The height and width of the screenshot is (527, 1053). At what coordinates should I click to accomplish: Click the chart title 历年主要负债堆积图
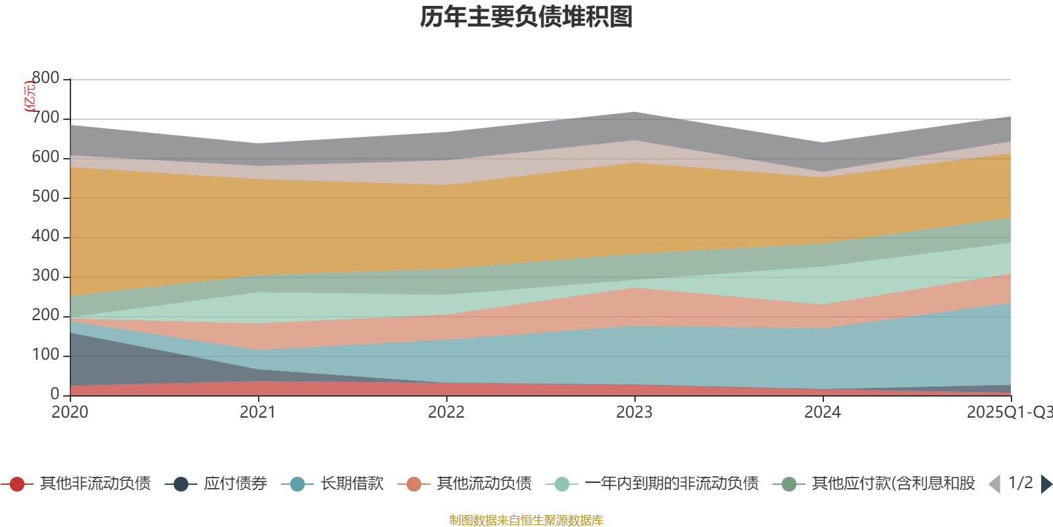coord(526,17)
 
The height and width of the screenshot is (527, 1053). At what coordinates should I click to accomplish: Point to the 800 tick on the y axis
coord(45,78)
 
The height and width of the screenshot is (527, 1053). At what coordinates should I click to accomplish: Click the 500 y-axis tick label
coord(45,197)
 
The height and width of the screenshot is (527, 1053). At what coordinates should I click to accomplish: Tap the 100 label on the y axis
coord(45,355)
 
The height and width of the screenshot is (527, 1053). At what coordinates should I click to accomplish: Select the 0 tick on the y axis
coord(55,394)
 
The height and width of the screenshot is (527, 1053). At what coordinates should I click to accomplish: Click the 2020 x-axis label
coord(70,412)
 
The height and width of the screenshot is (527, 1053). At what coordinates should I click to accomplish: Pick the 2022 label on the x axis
coord(446,412)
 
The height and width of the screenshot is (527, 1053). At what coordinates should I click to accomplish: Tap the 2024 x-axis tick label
coord(823,412)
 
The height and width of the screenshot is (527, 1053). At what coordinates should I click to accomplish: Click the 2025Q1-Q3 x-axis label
coord(1008,412)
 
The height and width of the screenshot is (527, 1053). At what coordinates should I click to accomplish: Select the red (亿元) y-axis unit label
coord(30,96)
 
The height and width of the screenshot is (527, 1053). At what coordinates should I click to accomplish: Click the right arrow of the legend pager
coord(1046,484)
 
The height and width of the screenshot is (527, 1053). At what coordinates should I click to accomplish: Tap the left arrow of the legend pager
coord(994,484)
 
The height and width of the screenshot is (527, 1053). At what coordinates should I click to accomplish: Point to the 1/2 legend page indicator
coord(1020,483)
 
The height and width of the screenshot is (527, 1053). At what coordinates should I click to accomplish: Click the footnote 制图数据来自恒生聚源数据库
coord(526,520)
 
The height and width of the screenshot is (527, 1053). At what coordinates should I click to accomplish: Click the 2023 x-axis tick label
coord(634,412)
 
